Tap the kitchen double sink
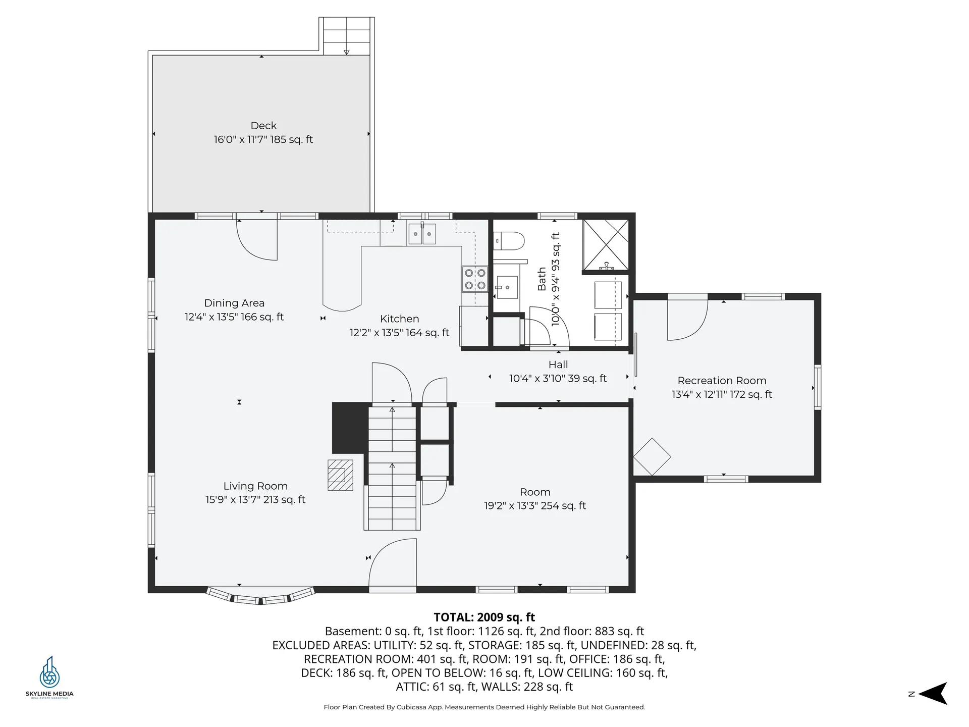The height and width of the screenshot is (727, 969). [422, 234]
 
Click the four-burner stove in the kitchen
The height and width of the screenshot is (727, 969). [475, 279]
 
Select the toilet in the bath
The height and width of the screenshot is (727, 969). [509, 241]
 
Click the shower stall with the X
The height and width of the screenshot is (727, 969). [606, 245]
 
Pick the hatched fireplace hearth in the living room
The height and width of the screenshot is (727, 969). [340, 475]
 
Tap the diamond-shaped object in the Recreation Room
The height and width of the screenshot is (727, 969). [652, 456]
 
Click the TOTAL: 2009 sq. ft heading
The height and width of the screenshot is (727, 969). [484, 617]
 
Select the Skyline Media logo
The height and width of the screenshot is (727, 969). [49, 677]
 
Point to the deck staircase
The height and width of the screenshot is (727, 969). [346, 36]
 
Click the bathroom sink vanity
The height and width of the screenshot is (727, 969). [507, 287]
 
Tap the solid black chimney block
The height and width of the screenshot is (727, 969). [350, 428]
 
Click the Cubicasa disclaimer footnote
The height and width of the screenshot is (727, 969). [484, 707]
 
